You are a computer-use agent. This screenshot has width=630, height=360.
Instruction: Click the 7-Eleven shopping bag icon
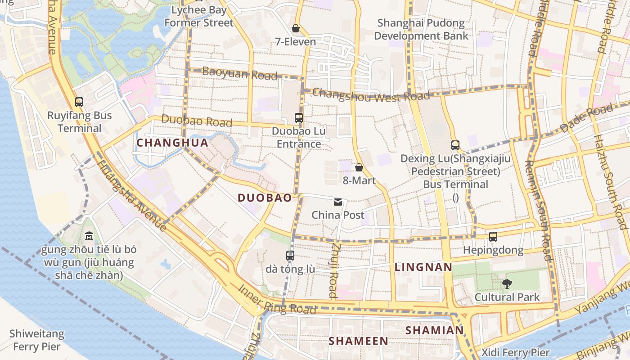pos(296,29)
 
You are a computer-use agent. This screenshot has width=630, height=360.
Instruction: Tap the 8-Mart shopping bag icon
pos(359,168)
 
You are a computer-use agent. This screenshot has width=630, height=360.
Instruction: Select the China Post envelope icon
pos(338,202)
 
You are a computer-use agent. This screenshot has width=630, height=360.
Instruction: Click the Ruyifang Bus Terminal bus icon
pos(79,102)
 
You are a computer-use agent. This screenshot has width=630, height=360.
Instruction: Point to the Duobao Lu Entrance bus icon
pos(299,118)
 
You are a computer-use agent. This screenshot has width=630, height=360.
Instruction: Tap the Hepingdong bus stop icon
pos(493,237)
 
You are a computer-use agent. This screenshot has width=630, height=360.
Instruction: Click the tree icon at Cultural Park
pos(507,284)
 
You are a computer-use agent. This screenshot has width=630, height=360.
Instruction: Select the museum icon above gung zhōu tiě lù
pos(89,236)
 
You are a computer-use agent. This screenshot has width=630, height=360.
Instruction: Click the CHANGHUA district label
pos(172,143)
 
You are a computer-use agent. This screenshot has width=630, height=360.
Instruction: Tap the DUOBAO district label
pos(265,198)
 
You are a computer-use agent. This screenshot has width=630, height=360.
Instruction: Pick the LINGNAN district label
pos(423,267)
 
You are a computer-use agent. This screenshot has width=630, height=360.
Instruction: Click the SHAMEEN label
pos(358,341)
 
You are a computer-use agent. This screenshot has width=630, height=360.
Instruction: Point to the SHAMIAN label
pos(435,330)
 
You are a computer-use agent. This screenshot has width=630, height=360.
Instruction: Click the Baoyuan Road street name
pos(240,73)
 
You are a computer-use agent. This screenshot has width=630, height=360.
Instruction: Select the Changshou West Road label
pos(371,95)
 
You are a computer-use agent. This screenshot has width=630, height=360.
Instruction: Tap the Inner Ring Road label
pos(277,300)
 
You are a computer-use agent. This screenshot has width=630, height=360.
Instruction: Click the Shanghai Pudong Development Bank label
pos(421,29)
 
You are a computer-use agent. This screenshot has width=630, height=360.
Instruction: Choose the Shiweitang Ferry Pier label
pos(37,341)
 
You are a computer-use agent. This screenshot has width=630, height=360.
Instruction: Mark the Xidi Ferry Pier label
pos(516,352)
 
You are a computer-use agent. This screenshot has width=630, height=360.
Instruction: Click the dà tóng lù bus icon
pos(290,256)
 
